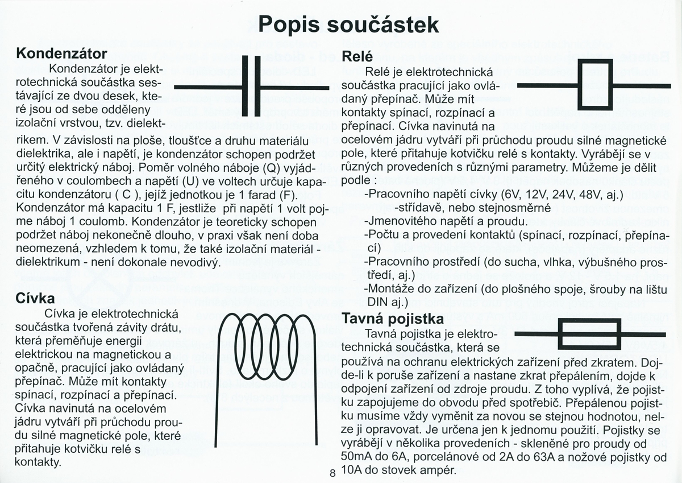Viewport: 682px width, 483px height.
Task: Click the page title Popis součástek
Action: pyautogui.click(x=348, y=24)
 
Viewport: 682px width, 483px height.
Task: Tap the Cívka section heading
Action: pyautogui.click(x=35, y=298)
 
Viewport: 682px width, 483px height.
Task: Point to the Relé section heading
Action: pyautogui.click(x=357, y=56)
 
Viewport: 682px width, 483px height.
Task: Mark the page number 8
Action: pyautogui.click(x=332, y=473)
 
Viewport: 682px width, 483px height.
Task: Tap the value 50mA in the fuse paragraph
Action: pyautogui.click(x=358, y=457)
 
